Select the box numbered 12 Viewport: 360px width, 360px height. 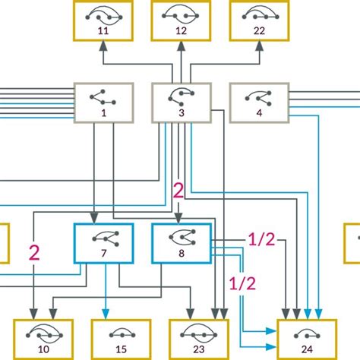[x=181, y=20]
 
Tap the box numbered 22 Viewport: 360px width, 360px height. [x=260, y=20]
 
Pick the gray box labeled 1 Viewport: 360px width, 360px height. [x=103, y=103]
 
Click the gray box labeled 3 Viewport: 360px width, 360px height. [x=181, y=103]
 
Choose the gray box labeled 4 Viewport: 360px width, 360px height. [x=259, y=103]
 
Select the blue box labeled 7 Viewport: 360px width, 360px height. [x=103, y=243]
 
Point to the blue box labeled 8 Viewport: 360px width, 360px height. [x=181, y=243]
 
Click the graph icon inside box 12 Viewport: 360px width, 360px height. [x=181, y=14]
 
